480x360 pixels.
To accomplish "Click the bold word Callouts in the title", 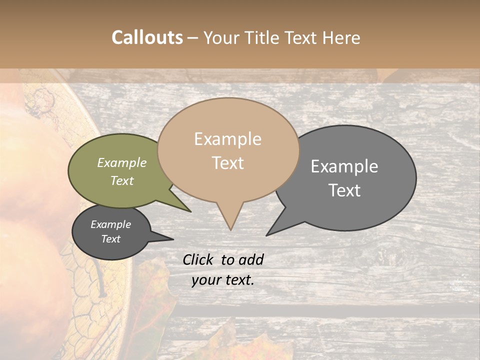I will point(147,37).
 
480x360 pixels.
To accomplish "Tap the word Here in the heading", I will point(341,37).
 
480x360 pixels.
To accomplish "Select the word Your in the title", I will point(222,37).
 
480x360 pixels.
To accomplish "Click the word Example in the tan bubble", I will point(228,139).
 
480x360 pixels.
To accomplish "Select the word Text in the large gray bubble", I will point(344,190).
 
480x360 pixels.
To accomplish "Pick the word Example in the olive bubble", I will point(122,163).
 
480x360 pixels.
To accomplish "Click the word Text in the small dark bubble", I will point(111,239).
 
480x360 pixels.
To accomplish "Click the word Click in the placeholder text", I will point(198,259).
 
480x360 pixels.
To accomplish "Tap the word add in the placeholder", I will point(251,259).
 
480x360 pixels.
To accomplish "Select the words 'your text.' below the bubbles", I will point(223,280).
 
